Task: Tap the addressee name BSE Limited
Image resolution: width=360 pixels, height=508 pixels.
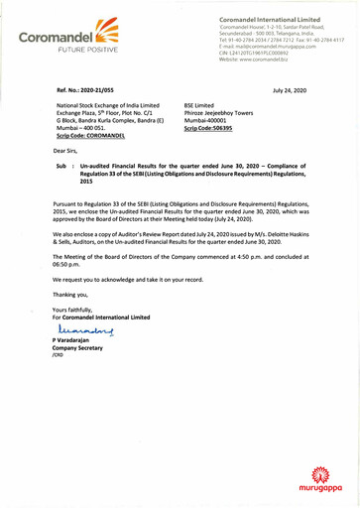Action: (x=203, y=116)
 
